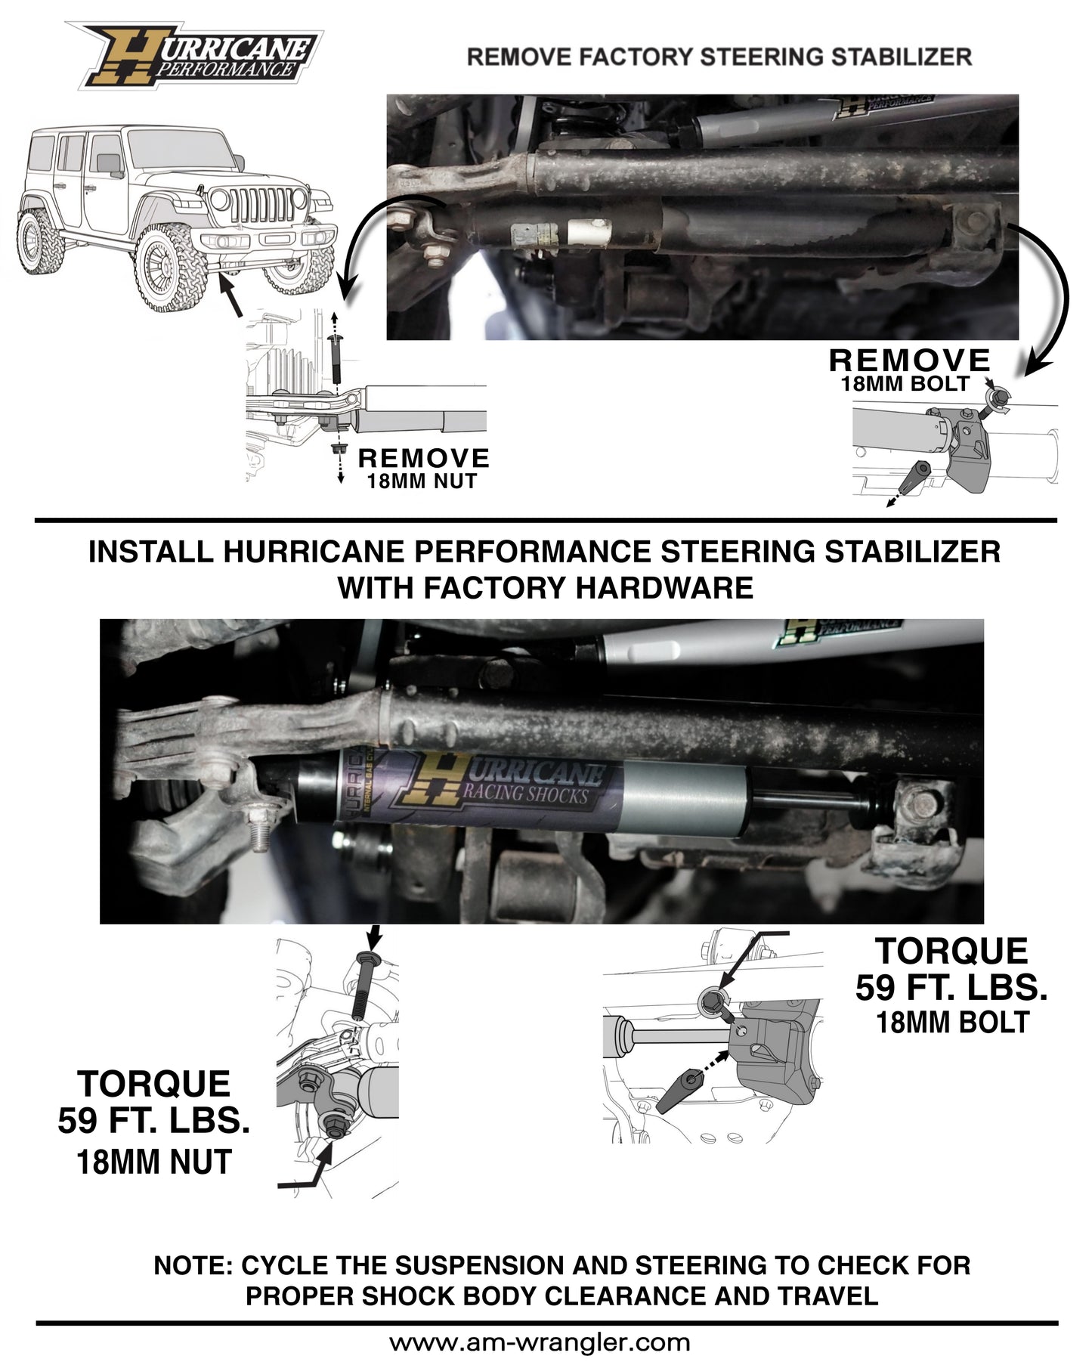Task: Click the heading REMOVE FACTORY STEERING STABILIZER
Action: (x=719, y=57)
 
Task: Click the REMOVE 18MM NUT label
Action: (x=422, y=469)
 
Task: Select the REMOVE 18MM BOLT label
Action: (x=908, y=370)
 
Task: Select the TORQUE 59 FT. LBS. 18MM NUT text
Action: (x=153, y=1122)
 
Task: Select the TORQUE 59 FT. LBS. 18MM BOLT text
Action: (x=951, y=986)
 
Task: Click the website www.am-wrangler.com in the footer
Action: (x=540, y=1342)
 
